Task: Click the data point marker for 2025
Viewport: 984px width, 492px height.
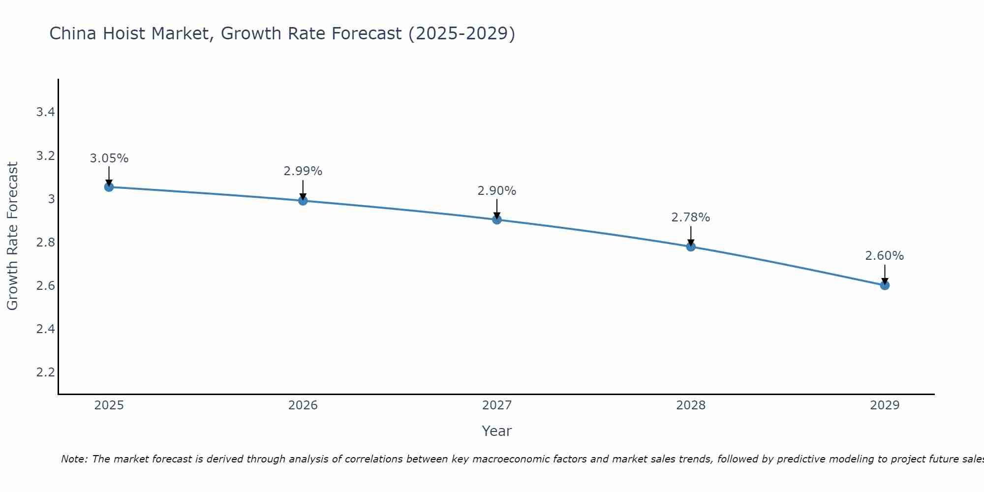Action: [109, 187]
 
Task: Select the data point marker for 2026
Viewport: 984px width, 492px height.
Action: [303, 200]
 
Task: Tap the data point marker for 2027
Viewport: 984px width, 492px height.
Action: [497, 219]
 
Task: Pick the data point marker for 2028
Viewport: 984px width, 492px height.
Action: [691, 246]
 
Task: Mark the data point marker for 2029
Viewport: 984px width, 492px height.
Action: [885, 285]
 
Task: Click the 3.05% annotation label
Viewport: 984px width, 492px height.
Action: [109, 158]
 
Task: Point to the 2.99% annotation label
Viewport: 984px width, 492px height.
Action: [303, 171]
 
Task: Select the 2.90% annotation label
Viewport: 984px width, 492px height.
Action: [497, 191]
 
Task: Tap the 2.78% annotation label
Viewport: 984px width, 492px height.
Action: [691, 217]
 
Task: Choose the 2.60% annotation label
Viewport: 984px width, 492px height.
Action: [885, 256]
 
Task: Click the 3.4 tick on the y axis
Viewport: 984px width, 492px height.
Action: [45, 112]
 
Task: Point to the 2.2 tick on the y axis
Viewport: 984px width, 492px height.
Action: [45, 372]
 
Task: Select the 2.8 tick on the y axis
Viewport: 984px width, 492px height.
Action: [45, 242]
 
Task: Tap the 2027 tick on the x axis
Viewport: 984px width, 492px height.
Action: [497, 405]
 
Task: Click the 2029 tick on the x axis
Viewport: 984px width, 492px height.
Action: [885, 405]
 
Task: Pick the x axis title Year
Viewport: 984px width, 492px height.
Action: [497, 431]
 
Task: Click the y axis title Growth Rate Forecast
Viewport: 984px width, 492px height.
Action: [12, 236]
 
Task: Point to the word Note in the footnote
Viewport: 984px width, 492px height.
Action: [74, 459]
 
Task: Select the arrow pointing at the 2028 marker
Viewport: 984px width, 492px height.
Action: [691, 235]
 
